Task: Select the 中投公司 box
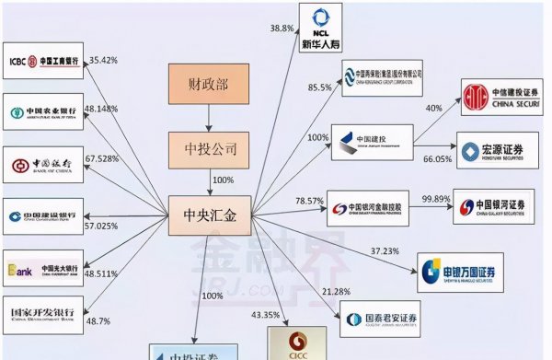pyautogui.click(x=209, y=147)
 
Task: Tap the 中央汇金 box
pyautogui.click(x=210, y=217)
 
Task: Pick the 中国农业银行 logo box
pyautogui.click(x=43, y=113)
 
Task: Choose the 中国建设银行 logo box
pyautogui.click(x=43, y=217)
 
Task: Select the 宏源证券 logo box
pyautogui.click(x=497, y=149)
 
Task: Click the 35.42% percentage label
pyautogui.click(x=106, y=61)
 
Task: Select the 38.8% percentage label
pyautogui.click(x=282, y=29)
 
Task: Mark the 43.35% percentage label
pyautogui.click(x=265, y=316)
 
